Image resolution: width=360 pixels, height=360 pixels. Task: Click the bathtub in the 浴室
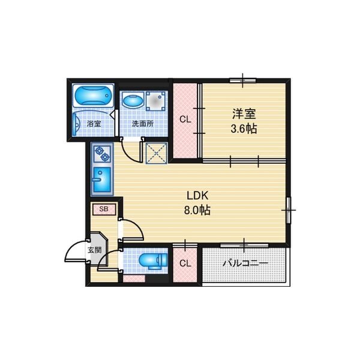tap(94, 95)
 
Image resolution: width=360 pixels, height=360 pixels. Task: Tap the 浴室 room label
tap(94, 124)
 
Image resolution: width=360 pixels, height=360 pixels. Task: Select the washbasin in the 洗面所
tap(133, 101)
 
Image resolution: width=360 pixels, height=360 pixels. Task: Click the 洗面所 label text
tap(143, 124)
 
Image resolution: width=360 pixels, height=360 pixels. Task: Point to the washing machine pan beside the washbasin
tap(155, 101)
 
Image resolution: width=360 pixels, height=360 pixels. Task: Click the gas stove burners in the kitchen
tap(102, 154)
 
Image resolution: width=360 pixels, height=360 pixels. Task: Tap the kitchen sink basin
tap(102, 179)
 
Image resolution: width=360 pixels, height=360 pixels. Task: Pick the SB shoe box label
tap(104, 209)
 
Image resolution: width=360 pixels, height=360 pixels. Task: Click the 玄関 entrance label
tap(95, 250)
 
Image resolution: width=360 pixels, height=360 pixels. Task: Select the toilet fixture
tap(153, 261)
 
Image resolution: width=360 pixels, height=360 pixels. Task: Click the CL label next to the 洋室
tap(185, 119)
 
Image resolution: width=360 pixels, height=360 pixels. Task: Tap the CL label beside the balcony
tap(185, 263)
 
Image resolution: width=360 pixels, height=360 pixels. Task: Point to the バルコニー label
tap(245, 263)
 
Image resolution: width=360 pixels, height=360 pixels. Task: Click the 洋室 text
tap(244, 114)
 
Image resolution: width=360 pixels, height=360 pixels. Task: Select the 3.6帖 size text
tap(244, 129)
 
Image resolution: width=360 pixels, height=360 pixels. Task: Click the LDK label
tap(197, 196)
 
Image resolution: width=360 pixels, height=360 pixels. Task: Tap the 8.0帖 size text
tap(197, 210)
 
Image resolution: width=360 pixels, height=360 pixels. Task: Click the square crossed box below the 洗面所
tap(157, 153)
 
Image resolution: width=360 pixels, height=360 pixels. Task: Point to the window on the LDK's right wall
tap(289, 210)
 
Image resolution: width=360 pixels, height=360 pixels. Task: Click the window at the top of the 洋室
tap(243, 80)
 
